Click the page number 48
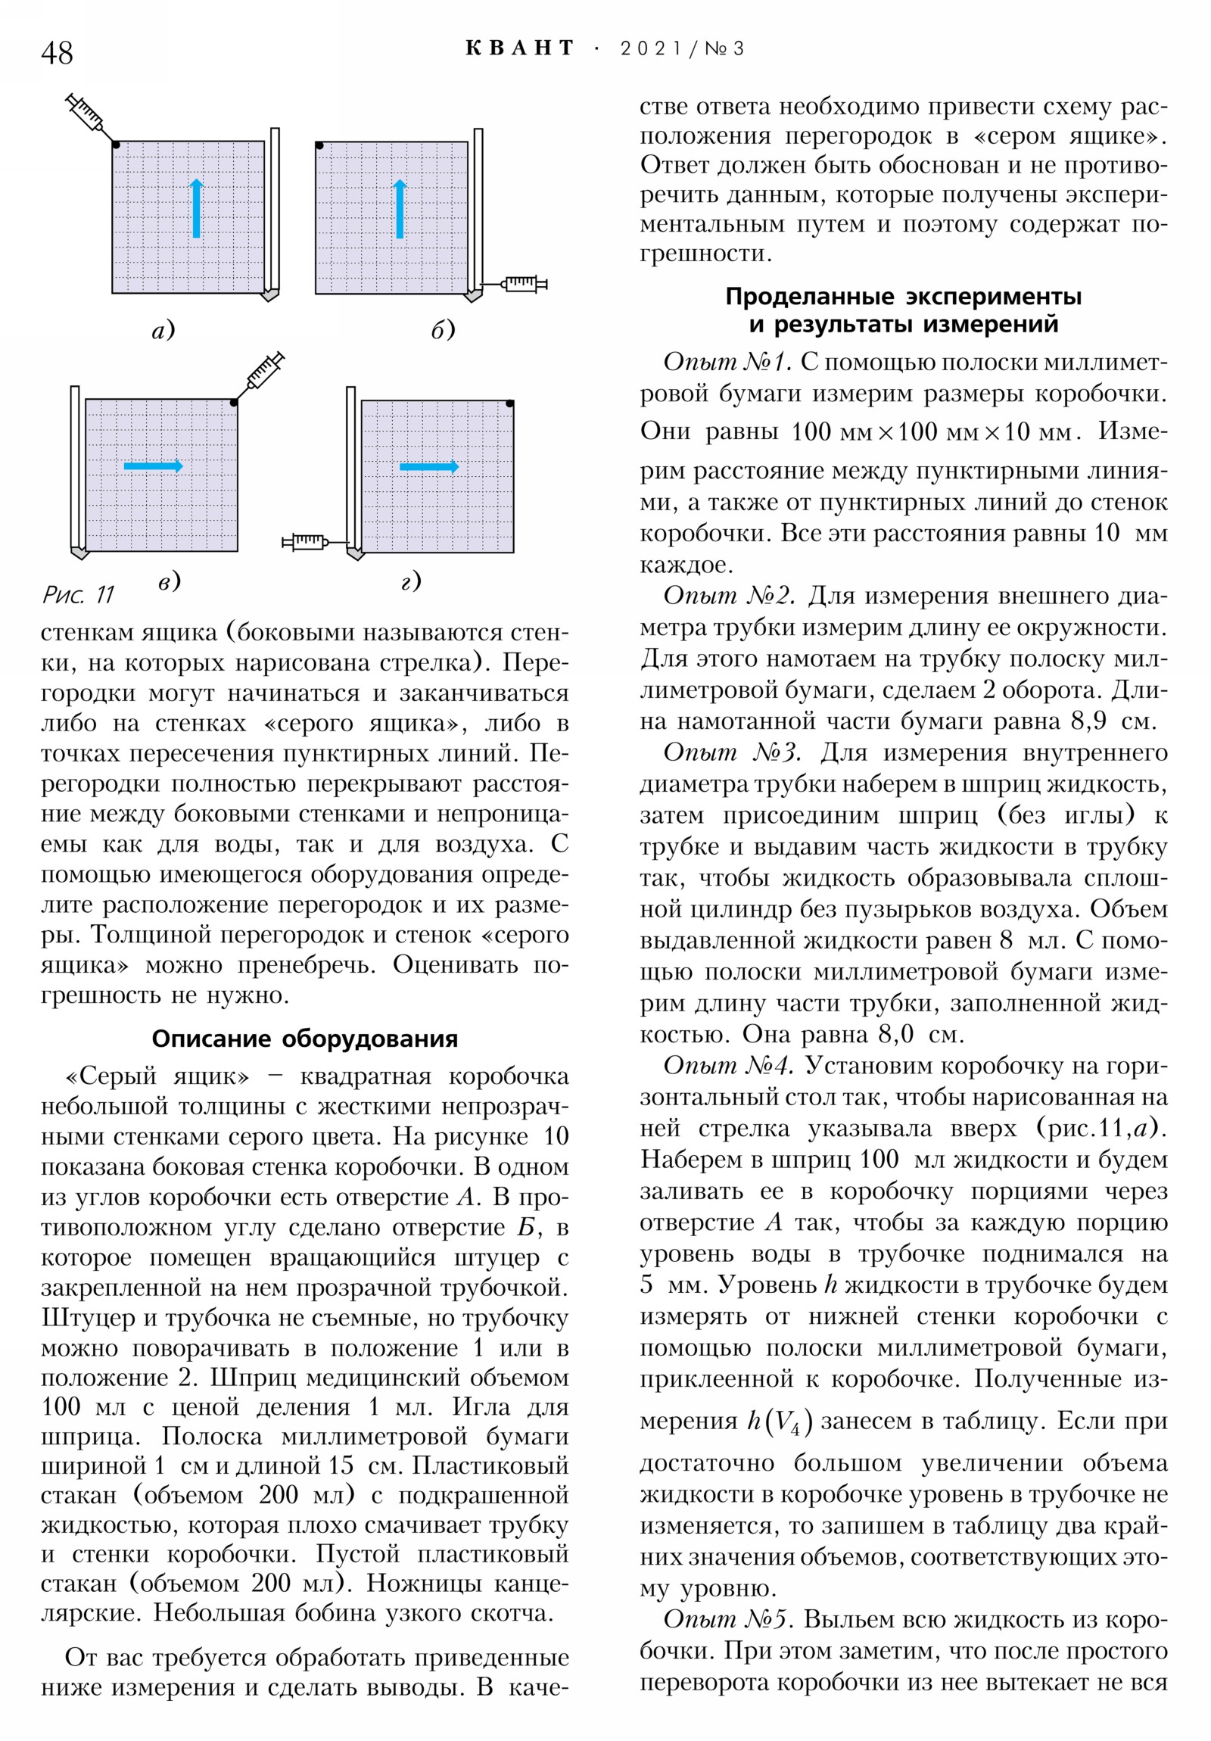(x=57, y=53)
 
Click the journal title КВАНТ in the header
(x=519, y=48)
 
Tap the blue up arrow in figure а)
(x=197, y=208)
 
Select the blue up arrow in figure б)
(x=400, y=208)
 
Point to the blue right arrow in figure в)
(x=153, y=466)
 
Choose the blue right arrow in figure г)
(x=429, y=466)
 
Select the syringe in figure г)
(x=306, y=541)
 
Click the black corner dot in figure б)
(x=319, y=145)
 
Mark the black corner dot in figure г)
(x=509, y=403)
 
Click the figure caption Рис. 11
(x=77, y=594)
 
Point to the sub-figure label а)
(x=163, y=330)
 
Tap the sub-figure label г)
(x=410, y=581)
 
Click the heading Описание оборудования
(x=305, y=1038)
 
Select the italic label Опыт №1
(x=727, y=362)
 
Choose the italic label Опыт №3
(x=732, y=752)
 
